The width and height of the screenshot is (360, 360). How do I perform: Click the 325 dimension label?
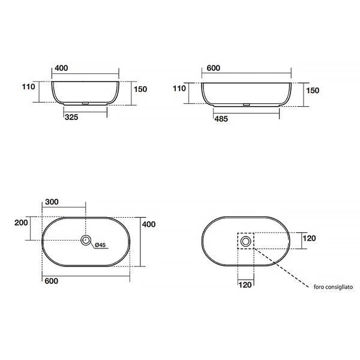[x=71, y=118]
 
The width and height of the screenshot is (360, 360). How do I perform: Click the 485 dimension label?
[x=221, y=119]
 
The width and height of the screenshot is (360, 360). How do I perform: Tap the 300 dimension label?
[x=52, y=202]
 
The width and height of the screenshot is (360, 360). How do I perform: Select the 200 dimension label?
[x=21, y=223]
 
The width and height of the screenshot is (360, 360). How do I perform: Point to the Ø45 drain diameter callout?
[x=100, y=245]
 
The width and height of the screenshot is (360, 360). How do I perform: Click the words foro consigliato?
[x=333, y=287]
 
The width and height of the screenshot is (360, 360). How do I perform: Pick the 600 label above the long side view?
[x=213, y=68]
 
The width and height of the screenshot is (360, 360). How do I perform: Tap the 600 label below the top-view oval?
[x=52, y=281]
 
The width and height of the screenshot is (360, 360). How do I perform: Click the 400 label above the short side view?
[x=61, y=68]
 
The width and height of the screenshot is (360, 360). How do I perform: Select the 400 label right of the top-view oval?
[x=149, y=224]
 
